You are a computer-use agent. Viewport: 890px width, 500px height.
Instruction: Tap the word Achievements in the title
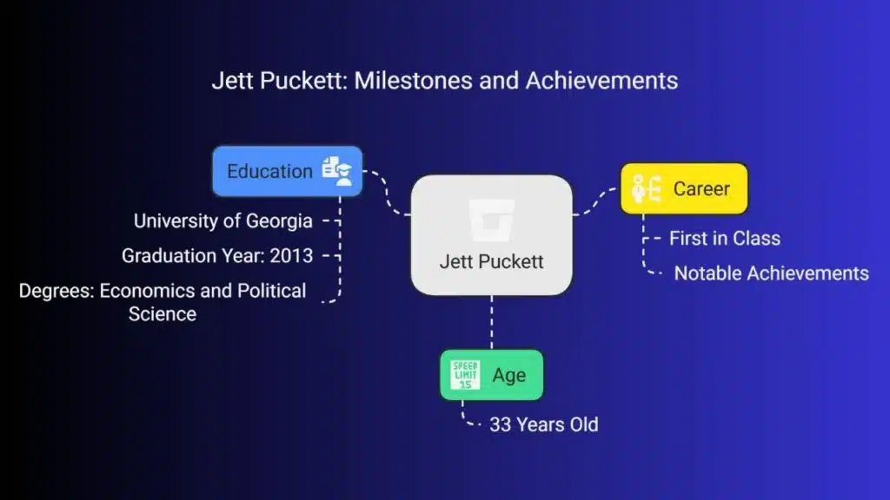click(601, 81)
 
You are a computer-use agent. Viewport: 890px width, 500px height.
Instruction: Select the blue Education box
click(287, 171)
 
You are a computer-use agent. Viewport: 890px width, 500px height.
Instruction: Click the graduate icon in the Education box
click(337, 171)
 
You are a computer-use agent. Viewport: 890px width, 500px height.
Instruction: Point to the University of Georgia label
click(223, 221)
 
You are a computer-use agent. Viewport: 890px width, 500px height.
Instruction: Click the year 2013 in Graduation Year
click(291, 256)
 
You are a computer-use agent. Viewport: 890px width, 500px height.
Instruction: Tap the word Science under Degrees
click(163, 314)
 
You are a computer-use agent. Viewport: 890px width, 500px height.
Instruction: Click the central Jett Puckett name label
click(492, 261)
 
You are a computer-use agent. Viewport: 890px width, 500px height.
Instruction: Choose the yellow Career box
click(684, 188)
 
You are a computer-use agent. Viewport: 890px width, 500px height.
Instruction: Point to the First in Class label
click(725, 239)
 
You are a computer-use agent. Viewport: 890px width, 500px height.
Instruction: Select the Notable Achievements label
click(772, 273)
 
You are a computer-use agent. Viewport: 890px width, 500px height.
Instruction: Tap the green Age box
click(492, 375)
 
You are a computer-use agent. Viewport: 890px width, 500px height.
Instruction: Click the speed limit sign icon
click(466, 375)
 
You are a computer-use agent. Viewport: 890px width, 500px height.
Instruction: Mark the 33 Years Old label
click(544, 424)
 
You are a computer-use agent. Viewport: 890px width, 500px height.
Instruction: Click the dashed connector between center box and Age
click(492, 323)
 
